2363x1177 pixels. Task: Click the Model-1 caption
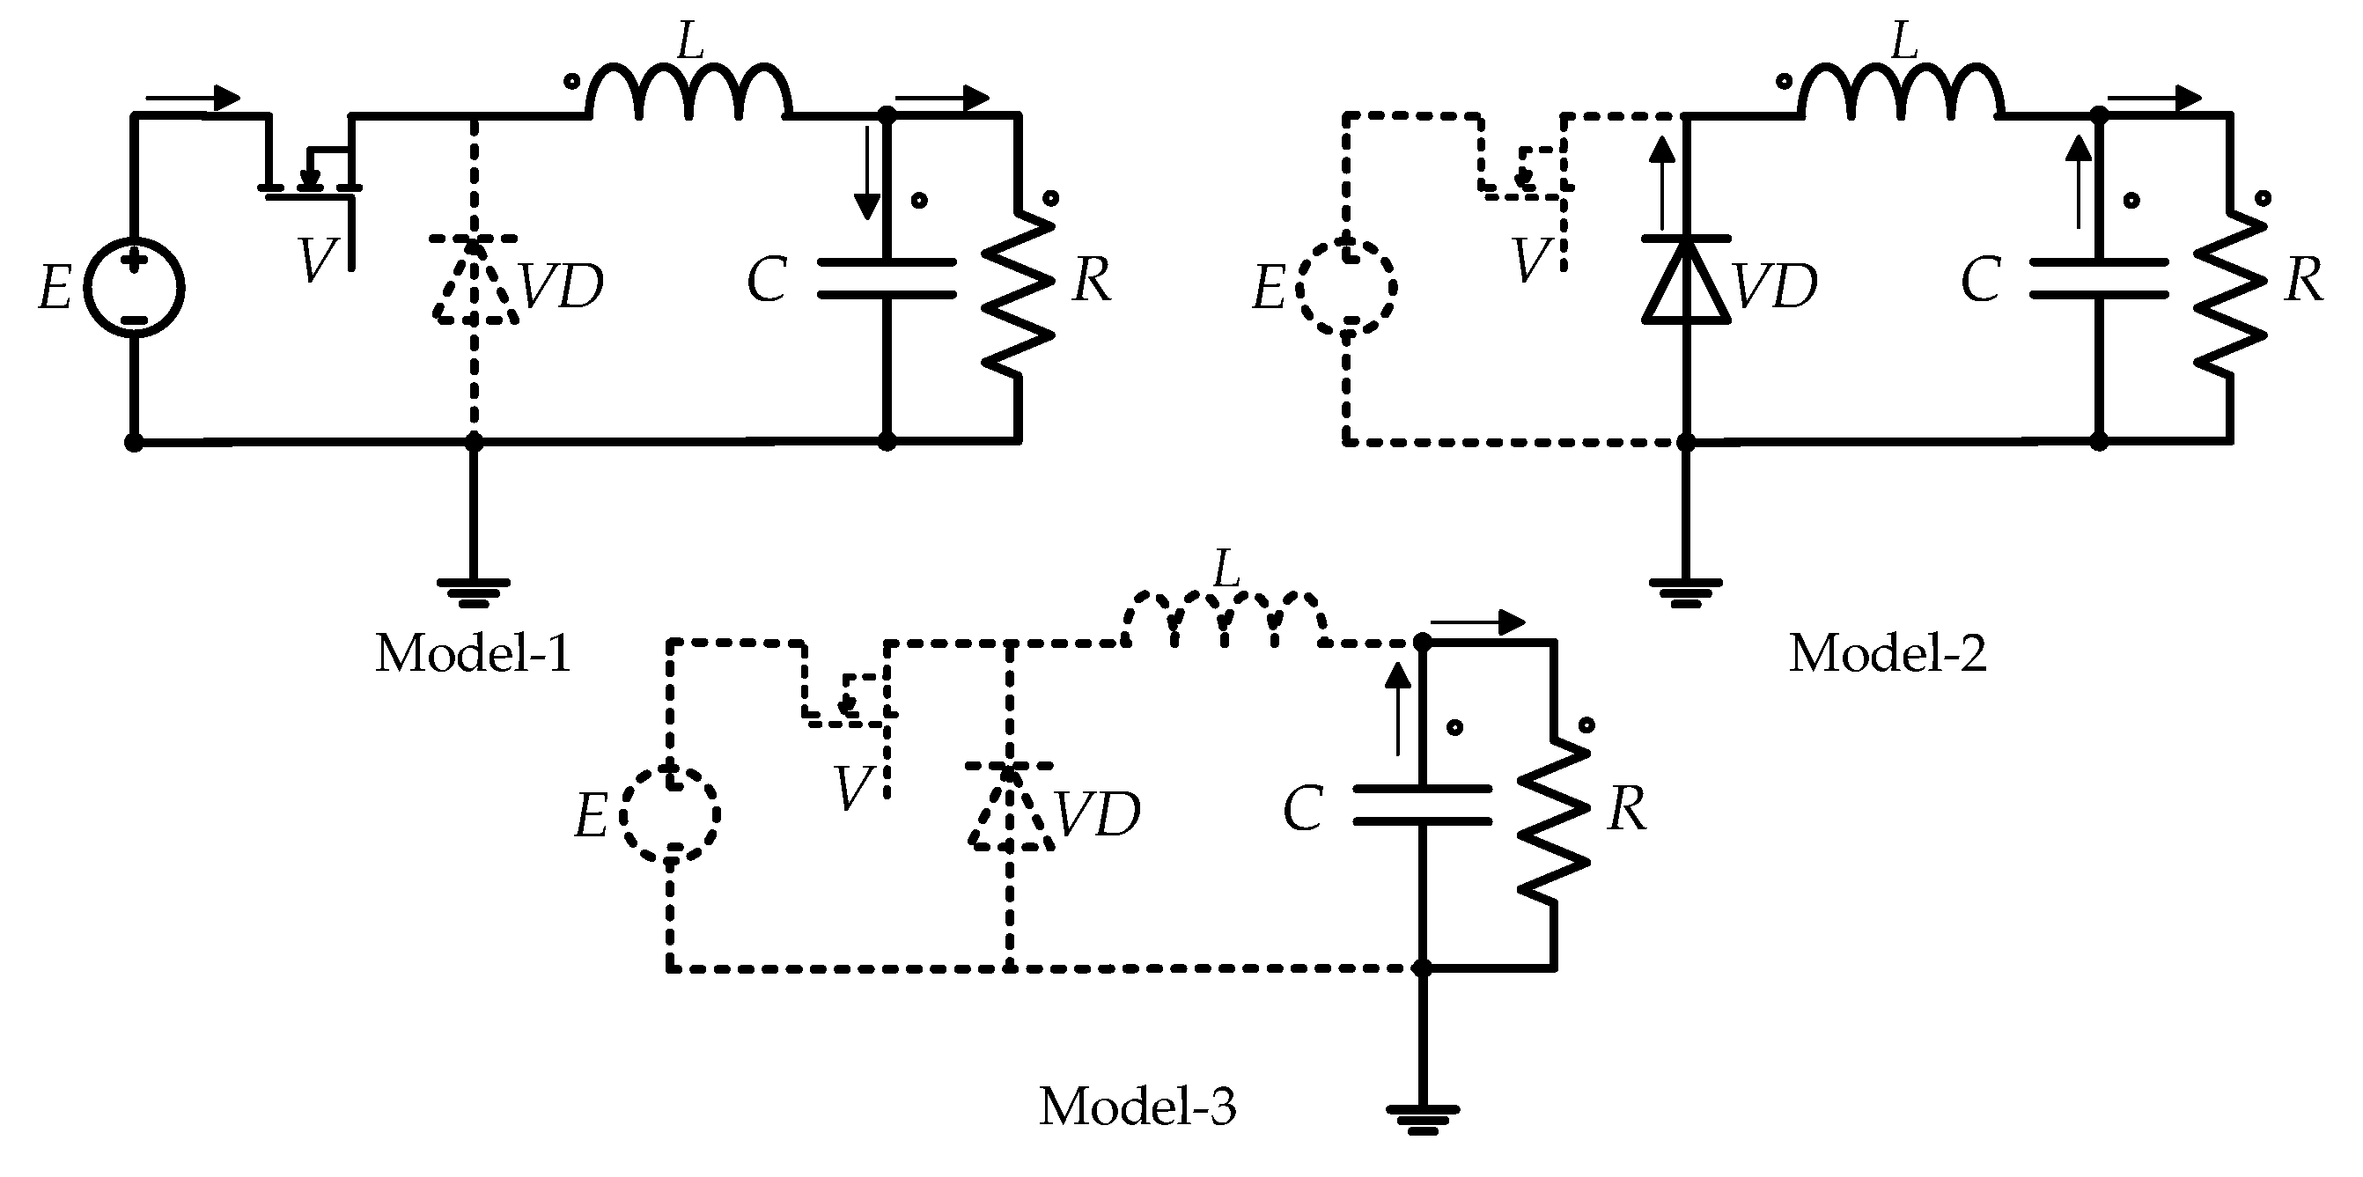[474, 654]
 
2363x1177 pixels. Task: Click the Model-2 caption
[1888, 654]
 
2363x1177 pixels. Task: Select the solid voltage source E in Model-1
[134, 288]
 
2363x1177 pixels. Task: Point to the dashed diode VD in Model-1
[474, 280]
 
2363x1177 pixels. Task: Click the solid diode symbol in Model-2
[1686, 280]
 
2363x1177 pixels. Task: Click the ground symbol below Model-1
[474, 592]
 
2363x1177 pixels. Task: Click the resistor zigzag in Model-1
[1019, 293]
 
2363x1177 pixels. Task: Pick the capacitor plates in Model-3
[1421, 805]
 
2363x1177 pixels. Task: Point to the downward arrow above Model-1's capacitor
[866, 174]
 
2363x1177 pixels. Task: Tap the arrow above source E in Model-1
[193, 97]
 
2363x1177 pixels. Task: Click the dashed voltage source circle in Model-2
[1347, 288]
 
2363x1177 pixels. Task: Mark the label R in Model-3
[1627, 810]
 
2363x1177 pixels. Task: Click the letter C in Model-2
[1981, 280]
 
